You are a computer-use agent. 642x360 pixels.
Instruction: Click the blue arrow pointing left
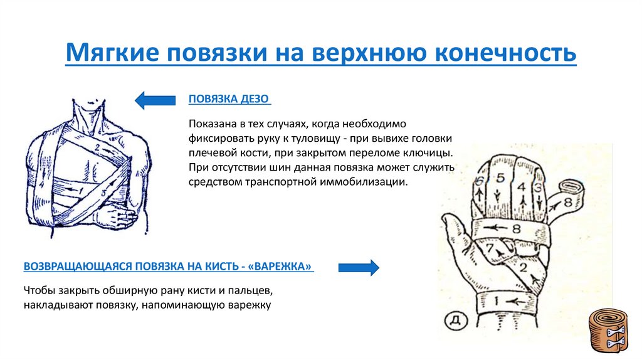point(155,99)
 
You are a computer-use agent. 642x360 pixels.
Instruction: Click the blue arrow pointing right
point(359,267)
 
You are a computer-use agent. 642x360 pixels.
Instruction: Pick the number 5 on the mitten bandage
point(500,178)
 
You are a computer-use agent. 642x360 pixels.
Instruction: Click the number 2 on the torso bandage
point(98,148)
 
